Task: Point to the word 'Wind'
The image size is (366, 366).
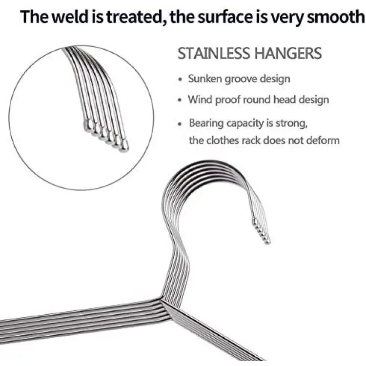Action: click(x=199, y=100)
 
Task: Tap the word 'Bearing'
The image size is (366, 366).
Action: click(x=207, y=123)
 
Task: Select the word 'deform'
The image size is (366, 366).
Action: click(x=324, y=141)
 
